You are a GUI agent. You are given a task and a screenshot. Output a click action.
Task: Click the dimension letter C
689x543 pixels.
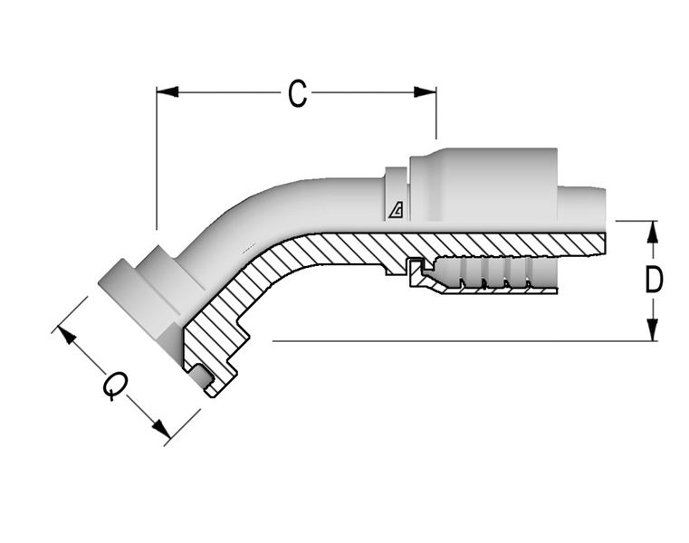tap(297, 93)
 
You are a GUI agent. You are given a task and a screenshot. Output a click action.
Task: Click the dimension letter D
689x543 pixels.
tap(653, 280)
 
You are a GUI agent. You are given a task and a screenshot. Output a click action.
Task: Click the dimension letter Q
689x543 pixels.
tap(115, 386)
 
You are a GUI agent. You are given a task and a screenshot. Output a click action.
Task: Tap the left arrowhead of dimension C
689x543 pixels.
tap(167, 91)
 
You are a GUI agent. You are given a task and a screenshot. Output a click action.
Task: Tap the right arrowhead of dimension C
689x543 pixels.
tap(425, 91)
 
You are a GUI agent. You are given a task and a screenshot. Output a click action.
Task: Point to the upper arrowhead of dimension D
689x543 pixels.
tap(653, 232)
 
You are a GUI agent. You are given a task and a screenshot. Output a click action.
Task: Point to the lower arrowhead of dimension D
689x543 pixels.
tap(653, 329)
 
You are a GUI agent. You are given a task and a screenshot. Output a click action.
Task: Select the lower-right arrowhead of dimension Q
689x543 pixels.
tap(161, 429)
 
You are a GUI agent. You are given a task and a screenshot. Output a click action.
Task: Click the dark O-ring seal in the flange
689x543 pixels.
tap(203, 377)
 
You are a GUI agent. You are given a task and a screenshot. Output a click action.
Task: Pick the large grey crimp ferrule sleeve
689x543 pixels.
tap(483, 185)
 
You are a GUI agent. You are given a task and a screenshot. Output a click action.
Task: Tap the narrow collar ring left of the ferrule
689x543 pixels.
tap(397, 194)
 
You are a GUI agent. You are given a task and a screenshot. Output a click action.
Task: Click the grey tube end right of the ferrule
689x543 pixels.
tap(581, 205)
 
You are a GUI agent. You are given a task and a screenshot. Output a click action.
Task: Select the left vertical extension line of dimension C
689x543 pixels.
tap(157, 158)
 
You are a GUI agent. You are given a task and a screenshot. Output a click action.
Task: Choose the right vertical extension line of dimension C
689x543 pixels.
tap(435, 113)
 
